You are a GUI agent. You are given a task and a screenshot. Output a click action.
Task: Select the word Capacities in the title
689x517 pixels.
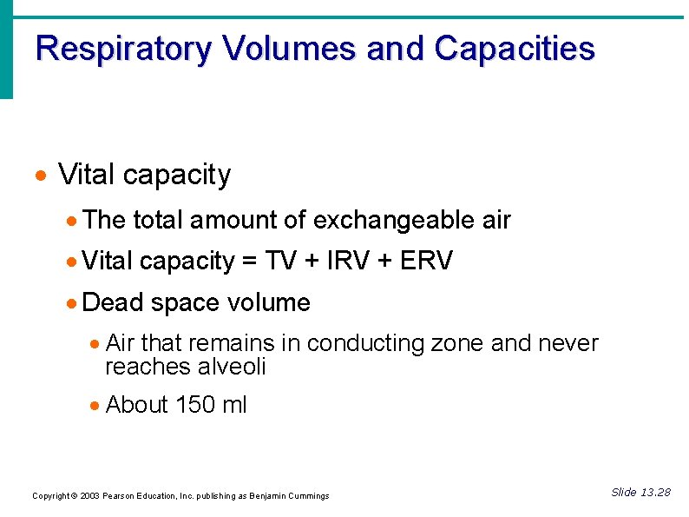515,49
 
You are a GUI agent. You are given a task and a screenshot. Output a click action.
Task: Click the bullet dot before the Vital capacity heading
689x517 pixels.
39,176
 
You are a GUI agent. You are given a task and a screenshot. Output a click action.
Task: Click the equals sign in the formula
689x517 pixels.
251,262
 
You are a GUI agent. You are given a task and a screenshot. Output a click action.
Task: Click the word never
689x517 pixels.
568,343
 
